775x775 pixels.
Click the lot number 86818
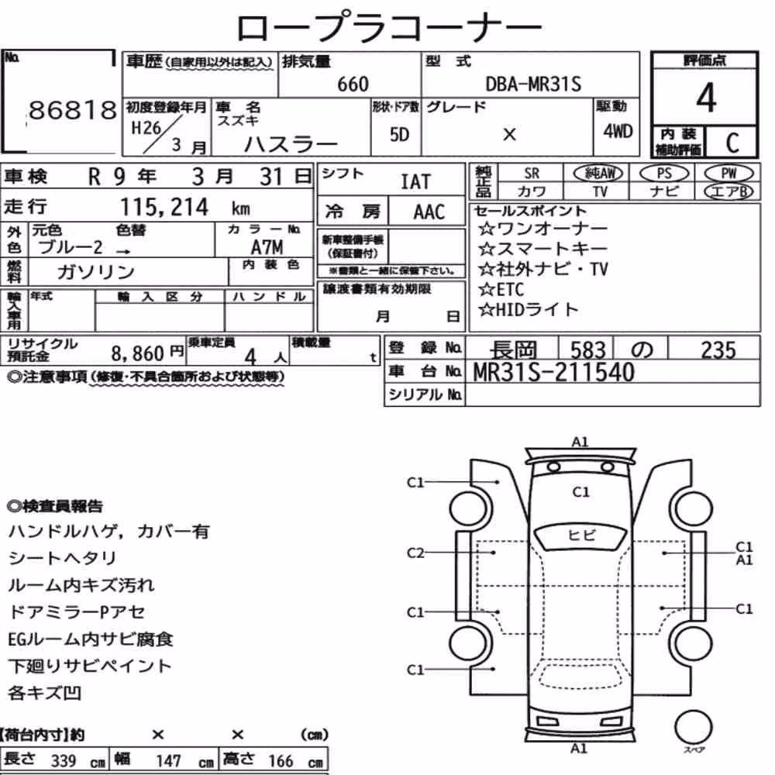tap(73, 110)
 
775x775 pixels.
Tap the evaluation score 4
tap(706, 98)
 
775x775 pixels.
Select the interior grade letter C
tap(732, 143)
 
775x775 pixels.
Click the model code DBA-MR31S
tap(533, 84)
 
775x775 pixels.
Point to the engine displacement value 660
tap(353, 84)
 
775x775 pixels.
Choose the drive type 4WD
tap(618, 132)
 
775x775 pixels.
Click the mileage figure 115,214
tap(164, 207)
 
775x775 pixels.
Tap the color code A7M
tap(267, 246)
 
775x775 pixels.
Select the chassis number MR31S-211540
tap(553, 372)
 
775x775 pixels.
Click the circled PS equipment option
tap(664, 173)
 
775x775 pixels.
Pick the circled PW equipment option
tap(728, 173)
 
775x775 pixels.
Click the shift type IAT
tap(415, 182)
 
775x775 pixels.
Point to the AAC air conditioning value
tap(429, 212)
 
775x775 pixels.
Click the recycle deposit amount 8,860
tap(137, 353)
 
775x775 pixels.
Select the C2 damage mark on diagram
tap(415, 553)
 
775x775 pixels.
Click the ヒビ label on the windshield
tap(582, 535)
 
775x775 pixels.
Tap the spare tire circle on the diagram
tap(693, 727)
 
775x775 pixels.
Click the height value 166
tap(281, 761)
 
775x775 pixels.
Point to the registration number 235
tap(718, 350)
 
